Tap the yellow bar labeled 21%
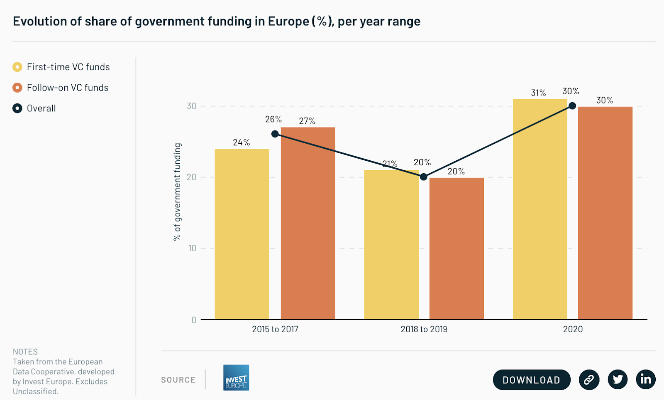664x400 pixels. click(391, 245)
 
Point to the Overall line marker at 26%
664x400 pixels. click(275, 134)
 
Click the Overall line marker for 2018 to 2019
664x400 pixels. click(423, 177)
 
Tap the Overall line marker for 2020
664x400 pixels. click(572, 106)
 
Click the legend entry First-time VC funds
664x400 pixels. click(61, 67)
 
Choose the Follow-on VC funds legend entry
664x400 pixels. click(61, 88)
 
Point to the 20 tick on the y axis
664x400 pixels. click(191, 177)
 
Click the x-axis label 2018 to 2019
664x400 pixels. click(424, 329)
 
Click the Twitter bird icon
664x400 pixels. click(618, 379)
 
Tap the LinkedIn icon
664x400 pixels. click(646, 379)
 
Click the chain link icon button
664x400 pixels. click(589, 379)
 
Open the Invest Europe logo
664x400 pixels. click(236, 378)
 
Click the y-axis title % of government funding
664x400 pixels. click(177, 192)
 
